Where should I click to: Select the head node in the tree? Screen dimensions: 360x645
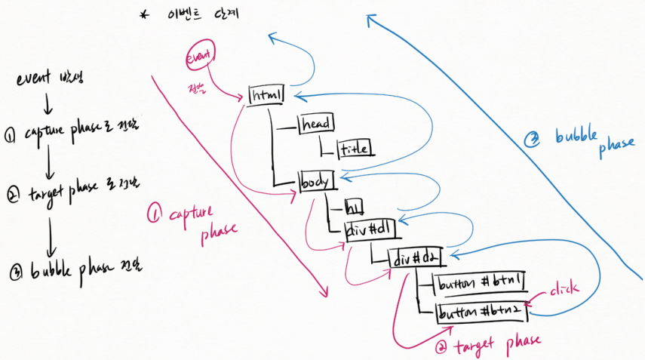[318, 122]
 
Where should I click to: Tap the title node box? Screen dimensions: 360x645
[355, 148]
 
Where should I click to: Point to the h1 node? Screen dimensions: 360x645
[352, 205]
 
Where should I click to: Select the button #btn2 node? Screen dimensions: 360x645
[481, 311]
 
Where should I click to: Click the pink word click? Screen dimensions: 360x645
[563, 288]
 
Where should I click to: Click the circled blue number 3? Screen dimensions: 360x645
[532, 139]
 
